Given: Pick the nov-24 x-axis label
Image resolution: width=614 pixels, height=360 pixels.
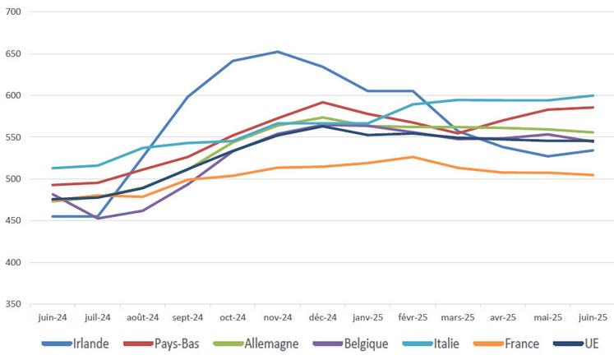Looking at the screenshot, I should (x=277, y=316).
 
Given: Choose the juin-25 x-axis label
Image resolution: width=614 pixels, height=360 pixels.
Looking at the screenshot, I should (x=593, y=316).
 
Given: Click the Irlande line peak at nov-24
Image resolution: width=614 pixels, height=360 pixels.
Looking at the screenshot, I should (x=277, y=52).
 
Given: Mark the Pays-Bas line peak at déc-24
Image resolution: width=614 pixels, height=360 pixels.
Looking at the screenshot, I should (x=322, y=103).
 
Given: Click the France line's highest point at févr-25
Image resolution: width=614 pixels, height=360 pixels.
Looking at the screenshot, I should (x=413, y=157).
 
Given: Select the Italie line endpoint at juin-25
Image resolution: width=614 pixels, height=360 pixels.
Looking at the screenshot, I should (x=593, y=95).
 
